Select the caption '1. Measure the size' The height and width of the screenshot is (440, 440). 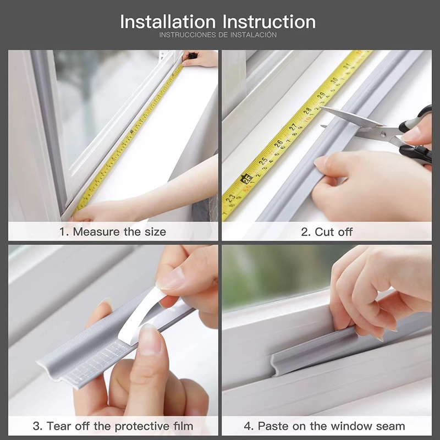pos(113,232)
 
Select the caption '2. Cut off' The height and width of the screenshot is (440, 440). pos(327,232)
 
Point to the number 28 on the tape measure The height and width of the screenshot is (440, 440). pos(307,111)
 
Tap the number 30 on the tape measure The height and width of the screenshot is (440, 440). pos(334,81)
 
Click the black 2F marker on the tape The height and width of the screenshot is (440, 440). pos(245,178)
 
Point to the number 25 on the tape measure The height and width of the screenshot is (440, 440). pos(263,161)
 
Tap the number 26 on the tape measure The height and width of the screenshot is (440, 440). pos(279,145)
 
